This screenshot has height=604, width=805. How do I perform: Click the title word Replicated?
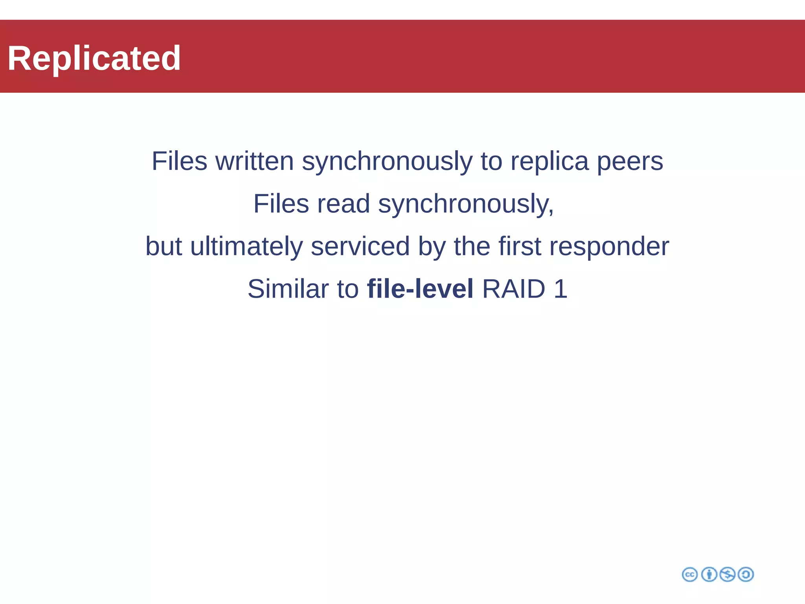94,58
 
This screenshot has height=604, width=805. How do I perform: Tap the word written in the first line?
254,161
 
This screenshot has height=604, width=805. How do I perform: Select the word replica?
550,161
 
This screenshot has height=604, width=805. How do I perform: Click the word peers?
630,162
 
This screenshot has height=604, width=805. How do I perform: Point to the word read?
343,204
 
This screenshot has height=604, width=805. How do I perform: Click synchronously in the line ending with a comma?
466,204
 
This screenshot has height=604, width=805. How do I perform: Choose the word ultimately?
246,247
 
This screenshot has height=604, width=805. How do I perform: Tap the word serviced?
360,247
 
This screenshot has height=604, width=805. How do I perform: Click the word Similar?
288,289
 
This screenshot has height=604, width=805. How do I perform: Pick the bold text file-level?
420,289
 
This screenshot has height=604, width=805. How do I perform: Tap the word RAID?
513,289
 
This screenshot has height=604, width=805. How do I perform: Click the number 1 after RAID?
561,289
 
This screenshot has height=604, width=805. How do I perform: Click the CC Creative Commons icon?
689,575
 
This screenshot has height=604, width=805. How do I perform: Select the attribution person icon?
709,575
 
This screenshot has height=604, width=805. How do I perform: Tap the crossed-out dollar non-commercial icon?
727,575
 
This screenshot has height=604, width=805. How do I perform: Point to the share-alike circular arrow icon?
746,575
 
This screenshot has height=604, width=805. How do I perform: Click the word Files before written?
179,161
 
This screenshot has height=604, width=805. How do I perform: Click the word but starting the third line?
164,247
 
